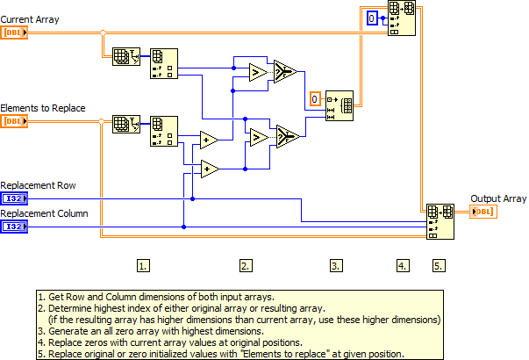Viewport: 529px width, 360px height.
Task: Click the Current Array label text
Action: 30,19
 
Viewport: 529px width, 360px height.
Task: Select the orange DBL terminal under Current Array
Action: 15,33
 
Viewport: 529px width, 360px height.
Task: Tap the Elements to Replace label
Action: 43,107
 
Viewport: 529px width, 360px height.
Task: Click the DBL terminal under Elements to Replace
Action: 15,120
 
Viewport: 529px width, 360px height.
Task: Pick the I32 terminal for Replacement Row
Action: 15,198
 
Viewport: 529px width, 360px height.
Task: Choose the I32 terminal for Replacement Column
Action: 15,227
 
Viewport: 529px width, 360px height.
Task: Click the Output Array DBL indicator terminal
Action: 483,212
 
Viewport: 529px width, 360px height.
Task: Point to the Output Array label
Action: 498,198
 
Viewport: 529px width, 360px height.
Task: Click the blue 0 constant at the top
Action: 372,18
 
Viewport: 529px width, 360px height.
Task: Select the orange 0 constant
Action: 316,99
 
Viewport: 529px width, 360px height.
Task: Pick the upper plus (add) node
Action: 210,140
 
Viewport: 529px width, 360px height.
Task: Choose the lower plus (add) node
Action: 210,168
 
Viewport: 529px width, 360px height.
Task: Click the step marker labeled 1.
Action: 144,263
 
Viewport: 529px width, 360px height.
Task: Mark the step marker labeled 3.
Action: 336,263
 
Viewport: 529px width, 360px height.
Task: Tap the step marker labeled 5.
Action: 438,263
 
